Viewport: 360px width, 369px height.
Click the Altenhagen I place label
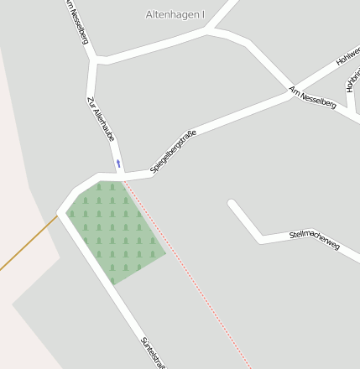(x=175, y=15)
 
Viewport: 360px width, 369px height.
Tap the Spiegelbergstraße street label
(x=173, y=152)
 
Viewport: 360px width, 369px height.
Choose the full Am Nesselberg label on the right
(x=312, y=98)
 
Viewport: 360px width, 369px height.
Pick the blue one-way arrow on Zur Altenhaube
(x=118, y=163)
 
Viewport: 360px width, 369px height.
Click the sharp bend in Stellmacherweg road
(x=261, y=238)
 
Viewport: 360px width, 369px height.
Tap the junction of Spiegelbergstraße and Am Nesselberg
(x=291, y=95)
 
